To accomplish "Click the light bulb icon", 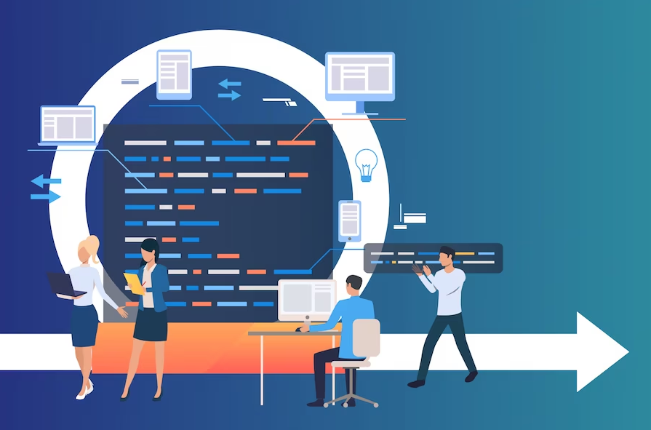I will point(366,164).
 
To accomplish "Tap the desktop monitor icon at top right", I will point(359,76).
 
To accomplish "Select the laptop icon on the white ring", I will point(68,125).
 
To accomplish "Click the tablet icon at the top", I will point(174,73).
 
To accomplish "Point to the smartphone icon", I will point(350,220).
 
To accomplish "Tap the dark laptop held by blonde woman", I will point(64,284).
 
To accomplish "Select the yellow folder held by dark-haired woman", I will point(134,282).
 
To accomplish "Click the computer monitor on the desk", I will point(305,299).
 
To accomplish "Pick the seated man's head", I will point(354,284).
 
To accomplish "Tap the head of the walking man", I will point(446,257).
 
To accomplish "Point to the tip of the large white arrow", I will point(627,352).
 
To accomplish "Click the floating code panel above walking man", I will point(433,258).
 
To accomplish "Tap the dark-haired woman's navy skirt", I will point(151,325).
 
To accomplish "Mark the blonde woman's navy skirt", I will point(84,325).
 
